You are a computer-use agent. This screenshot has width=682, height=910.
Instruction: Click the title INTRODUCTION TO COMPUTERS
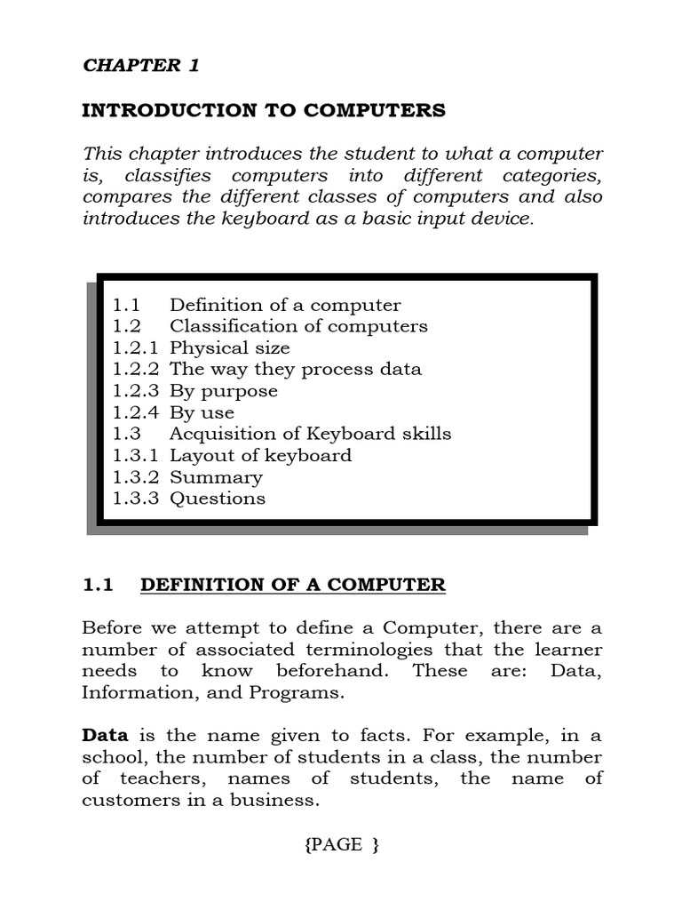(264, 110)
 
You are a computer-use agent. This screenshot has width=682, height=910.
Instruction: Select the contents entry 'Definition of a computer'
(285, 305)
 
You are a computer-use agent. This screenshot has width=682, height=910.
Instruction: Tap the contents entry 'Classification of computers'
(298, 326)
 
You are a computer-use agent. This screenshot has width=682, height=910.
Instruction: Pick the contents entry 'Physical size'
(229, 347)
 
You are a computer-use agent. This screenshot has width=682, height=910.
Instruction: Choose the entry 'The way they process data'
(296, 369)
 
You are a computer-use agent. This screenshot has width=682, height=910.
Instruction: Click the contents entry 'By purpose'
(224, 391)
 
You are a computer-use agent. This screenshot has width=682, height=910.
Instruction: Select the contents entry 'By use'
(202, 412)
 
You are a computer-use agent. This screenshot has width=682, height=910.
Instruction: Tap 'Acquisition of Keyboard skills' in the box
(310, 434)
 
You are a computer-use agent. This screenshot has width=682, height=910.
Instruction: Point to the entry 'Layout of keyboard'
(260, 455)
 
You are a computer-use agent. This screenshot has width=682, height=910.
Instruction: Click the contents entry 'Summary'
(216, 477)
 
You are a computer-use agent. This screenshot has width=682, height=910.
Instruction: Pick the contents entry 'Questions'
(218, 499)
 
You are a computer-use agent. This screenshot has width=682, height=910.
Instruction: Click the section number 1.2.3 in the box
(136, 391)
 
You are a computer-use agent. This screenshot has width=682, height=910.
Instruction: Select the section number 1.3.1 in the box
(136, 455)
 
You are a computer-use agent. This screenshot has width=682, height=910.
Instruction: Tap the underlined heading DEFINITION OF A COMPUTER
(293, 585)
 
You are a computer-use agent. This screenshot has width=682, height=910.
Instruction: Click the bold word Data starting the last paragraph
(106, 735)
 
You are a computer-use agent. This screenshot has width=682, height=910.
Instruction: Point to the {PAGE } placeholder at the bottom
(342, 845)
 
